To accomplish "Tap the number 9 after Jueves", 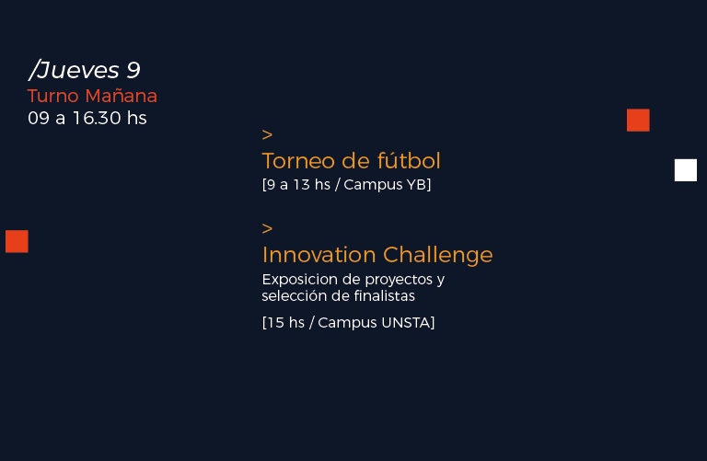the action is point(133,70).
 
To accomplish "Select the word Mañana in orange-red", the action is point(121,96).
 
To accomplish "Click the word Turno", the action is point(53,96).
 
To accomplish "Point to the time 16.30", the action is point(97,118).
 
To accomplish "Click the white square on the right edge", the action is point(685,170).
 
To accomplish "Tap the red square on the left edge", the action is point(17,241).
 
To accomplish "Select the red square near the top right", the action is point(638,120).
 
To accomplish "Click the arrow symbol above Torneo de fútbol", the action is point(267,134).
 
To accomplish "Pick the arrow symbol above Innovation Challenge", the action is point(267,228).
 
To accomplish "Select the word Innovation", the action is point(319,255).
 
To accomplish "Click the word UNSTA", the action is point(406,323).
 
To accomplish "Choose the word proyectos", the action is point(399,281).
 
